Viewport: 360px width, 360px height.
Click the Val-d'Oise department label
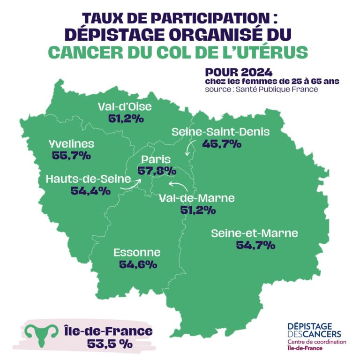pos(125,107)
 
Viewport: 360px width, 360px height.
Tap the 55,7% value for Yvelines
pos(71,156)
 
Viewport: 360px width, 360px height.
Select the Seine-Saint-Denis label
pos(221,132)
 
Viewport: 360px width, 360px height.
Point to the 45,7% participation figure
pos(222,144)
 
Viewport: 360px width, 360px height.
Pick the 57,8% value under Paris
pos(157,171)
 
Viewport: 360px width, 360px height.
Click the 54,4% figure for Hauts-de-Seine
pos(90,191)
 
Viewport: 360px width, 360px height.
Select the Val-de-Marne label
pos(197,198)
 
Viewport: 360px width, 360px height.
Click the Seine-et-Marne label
pos(255,233)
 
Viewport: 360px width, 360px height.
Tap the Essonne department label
pos(137,253)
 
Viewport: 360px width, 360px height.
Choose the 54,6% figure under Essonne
pos(137,265)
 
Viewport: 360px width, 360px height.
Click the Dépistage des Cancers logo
pos(316,337)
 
